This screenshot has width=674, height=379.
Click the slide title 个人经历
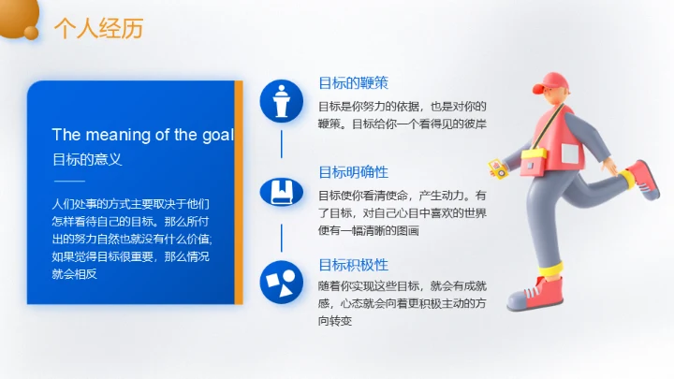click(98, 29)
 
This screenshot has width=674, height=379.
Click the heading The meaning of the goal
click(142, 135)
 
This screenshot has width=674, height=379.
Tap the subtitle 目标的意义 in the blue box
click(86, 159)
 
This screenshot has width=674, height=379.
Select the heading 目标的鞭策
click(353, 81)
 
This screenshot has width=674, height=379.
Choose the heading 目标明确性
click(353, 172)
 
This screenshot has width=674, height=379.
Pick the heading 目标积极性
click(353, 264)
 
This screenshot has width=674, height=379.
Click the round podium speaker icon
click(282, 100)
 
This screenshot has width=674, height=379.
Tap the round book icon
click(282, 192)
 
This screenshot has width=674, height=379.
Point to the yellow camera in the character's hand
click(496, 168)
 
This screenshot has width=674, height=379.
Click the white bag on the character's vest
click(534, 163)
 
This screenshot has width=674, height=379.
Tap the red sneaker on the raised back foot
click(643, 177)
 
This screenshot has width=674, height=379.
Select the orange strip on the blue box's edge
click(239, 192)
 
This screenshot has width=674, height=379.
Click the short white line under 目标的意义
click(69, 181)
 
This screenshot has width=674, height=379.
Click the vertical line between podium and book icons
click(282, 145)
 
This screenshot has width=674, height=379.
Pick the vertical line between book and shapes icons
click(282, 237)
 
